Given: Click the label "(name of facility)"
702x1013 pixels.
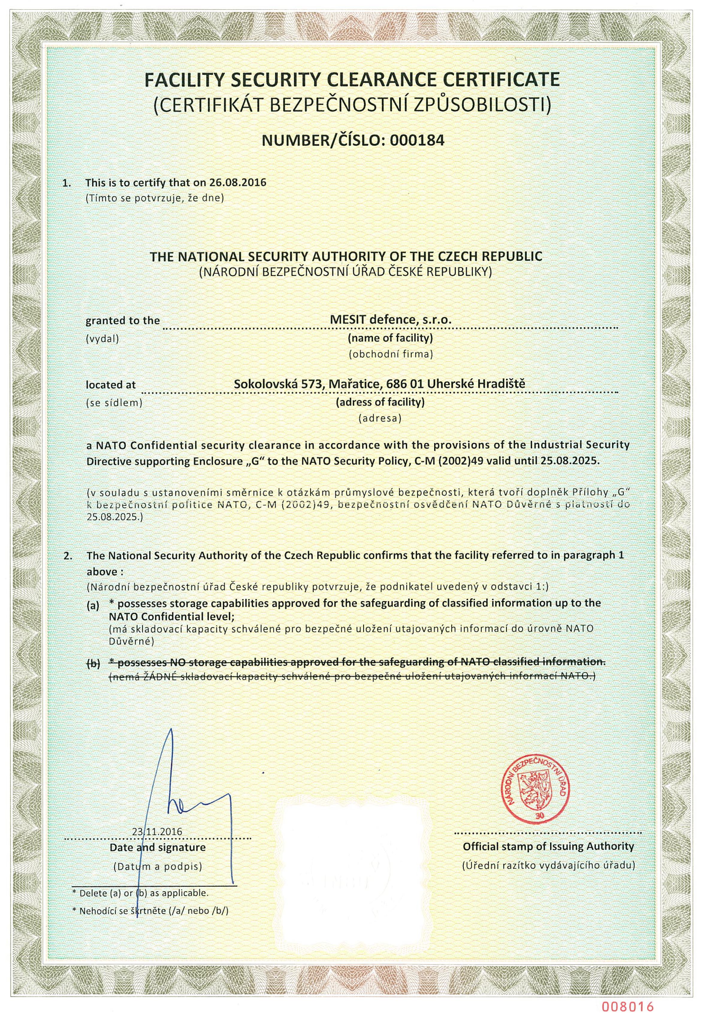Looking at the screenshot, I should tap(391, 338).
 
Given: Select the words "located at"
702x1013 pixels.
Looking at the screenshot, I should tap(111, 385).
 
